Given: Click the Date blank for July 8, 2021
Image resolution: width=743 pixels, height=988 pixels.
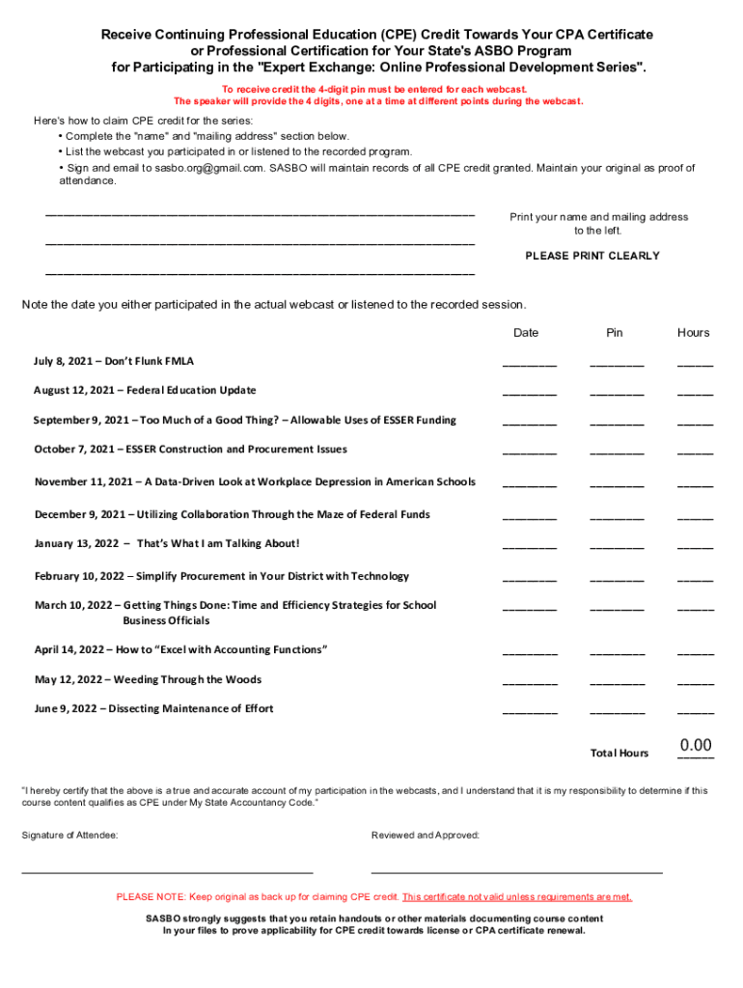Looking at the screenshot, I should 529,363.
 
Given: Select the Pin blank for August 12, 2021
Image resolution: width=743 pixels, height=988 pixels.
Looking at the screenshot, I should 617,392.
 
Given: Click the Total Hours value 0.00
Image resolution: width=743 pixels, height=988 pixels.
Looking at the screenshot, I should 695,745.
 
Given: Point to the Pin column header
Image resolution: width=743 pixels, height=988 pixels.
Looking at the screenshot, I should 615,333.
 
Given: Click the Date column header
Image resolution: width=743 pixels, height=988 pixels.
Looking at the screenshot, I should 526,333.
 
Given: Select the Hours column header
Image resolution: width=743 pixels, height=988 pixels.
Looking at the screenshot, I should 693,333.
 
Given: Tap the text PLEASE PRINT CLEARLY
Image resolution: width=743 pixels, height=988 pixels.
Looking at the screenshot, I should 592,256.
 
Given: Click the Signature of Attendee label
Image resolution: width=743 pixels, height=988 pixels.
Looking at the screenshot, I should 69,835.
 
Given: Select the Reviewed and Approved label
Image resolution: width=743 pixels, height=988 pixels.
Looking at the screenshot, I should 425,835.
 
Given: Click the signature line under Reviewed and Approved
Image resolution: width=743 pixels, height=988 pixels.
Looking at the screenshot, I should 516,871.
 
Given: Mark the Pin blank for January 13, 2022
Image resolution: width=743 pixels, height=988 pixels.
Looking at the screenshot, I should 617,544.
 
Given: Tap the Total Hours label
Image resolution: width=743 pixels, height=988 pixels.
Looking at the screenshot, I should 619,753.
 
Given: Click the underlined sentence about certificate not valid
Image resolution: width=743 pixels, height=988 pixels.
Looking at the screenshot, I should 516,896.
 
